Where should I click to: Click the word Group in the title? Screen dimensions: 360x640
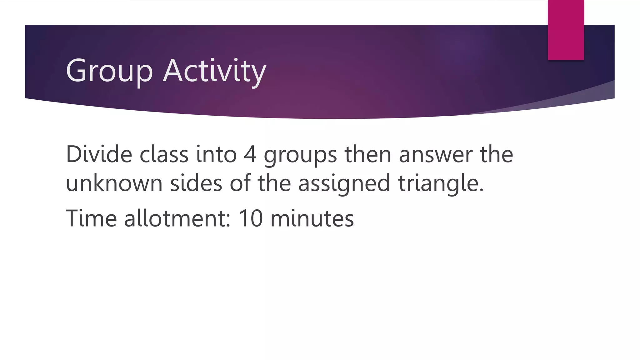click(109, 71)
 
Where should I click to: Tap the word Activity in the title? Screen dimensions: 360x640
click(214, 71)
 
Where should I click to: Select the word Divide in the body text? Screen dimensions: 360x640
click(99, 154)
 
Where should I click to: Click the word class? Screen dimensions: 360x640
click(164, 155)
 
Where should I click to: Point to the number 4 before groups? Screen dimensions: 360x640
click(250, 154)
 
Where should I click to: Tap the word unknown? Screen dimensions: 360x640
click(114, 183)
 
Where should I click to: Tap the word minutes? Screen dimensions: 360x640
click(312, 218)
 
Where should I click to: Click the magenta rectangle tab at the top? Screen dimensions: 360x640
click(566, 30)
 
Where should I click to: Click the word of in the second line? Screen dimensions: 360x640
click(240, 183)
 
